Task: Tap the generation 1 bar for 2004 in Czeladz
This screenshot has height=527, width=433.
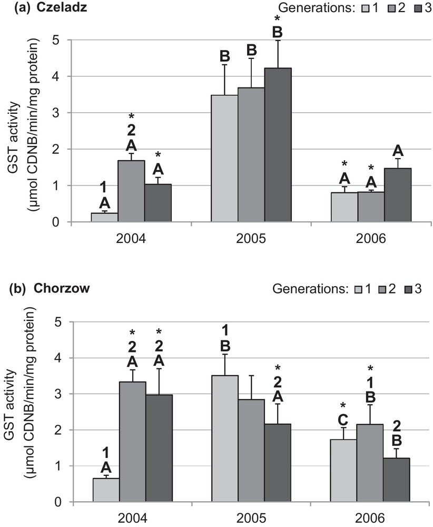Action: (104, 217)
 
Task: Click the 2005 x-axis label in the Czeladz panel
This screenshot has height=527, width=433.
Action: (251, 238)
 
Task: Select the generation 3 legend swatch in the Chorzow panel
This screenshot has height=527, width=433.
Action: (405, 289)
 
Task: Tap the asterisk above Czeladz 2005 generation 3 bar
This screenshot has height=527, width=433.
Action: (277, 19)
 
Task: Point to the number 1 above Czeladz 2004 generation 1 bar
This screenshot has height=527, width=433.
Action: (104, 187)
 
